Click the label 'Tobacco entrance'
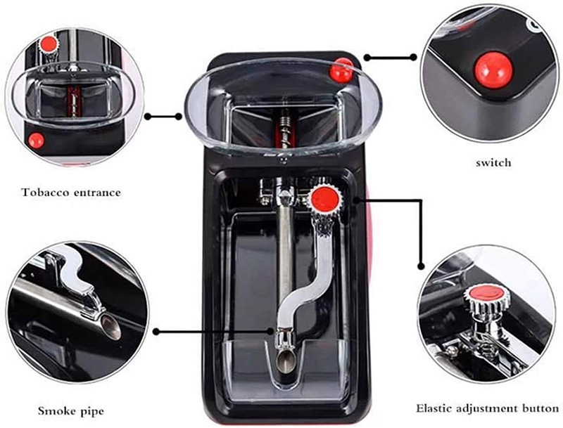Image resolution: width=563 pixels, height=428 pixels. click(x=71, y=193)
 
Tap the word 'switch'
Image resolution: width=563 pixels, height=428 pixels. click(x=493, y=163)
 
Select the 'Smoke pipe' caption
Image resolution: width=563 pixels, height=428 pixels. click(x=71, y=411)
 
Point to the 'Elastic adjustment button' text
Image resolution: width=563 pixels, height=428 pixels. click(x=488, y=408)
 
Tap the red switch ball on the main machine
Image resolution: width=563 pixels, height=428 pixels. click(x=341, y=70)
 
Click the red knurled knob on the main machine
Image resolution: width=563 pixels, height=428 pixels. click(x=324, y=200)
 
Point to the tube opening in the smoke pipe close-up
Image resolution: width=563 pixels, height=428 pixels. click(x=110, y=328)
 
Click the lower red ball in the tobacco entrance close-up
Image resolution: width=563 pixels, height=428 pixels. click(x=36, y=141)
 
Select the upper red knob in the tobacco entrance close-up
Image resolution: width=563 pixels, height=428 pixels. click(x=48, y=44)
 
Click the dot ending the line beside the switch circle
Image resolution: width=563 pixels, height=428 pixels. click(x=413, y=58)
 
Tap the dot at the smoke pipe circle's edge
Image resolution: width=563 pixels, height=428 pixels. click(x=156, y=332)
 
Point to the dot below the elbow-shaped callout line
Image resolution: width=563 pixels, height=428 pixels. click(x=421, y=266)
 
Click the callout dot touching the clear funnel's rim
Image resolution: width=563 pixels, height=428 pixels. click(x=179, y=117)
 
